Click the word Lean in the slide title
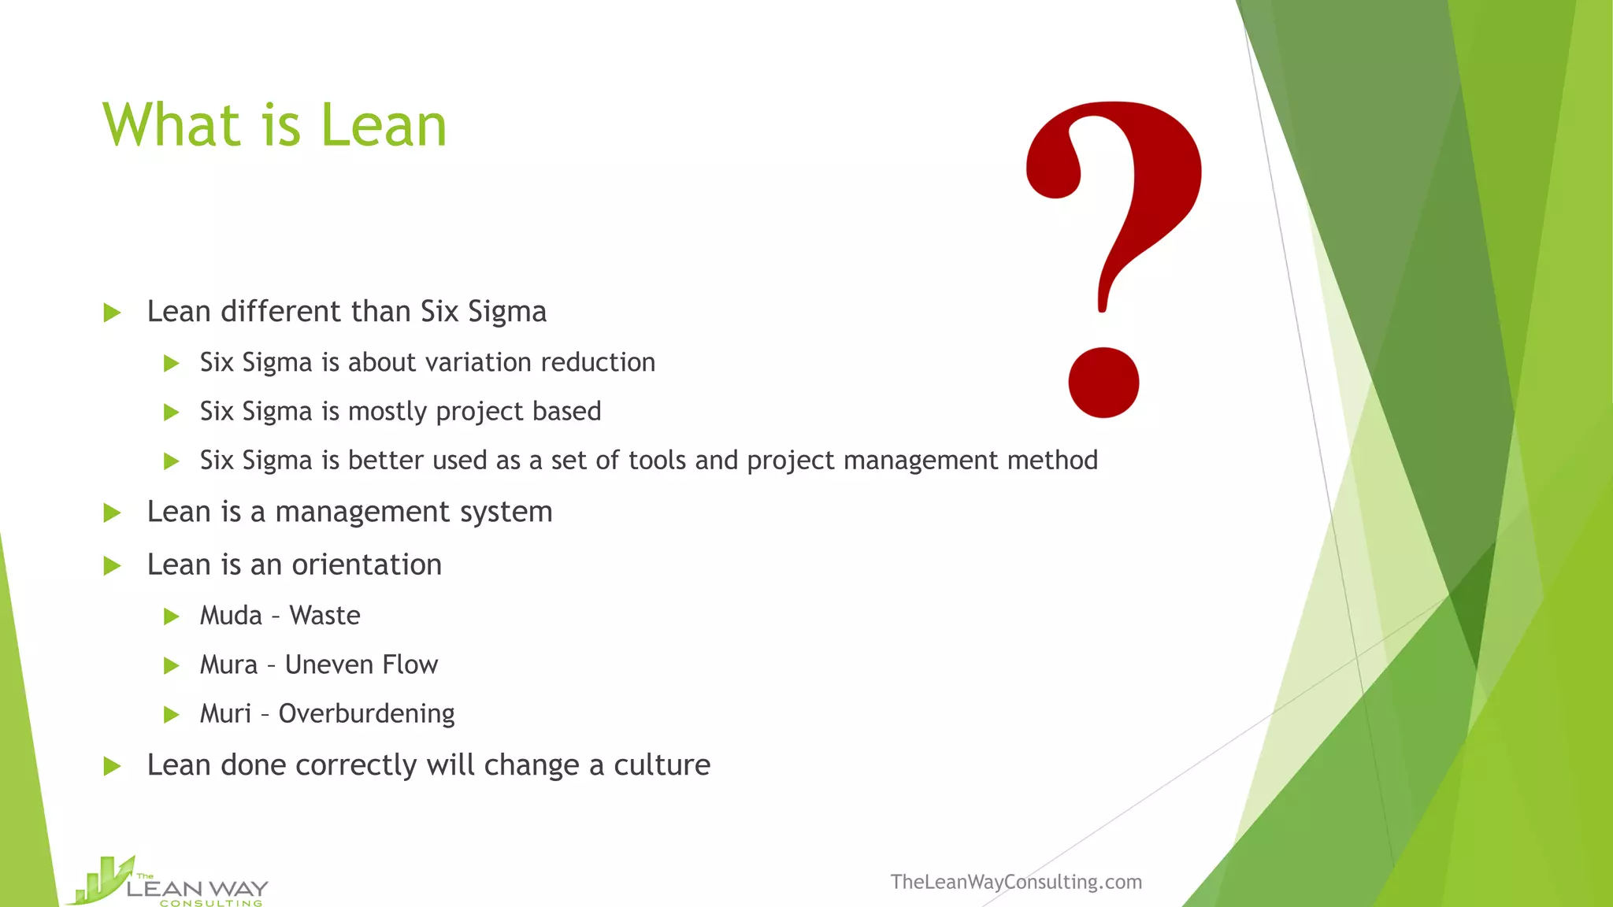tap(384, 126)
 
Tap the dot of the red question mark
tap(1103, 383)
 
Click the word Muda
tap(231, 616)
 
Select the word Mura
tap(228, 665)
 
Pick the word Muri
tap(225, 714)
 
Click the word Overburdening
tap(366, 714)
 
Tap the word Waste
tap(324, 616)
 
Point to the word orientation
tap(366, 565)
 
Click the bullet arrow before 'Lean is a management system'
tap(113, 513)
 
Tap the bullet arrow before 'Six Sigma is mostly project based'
tap(172, 413)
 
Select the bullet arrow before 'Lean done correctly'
tap(113, 766)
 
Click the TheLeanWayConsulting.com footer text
tap(1016, 882)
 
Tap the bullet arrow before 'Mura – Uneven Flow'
tap(172, 666)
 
